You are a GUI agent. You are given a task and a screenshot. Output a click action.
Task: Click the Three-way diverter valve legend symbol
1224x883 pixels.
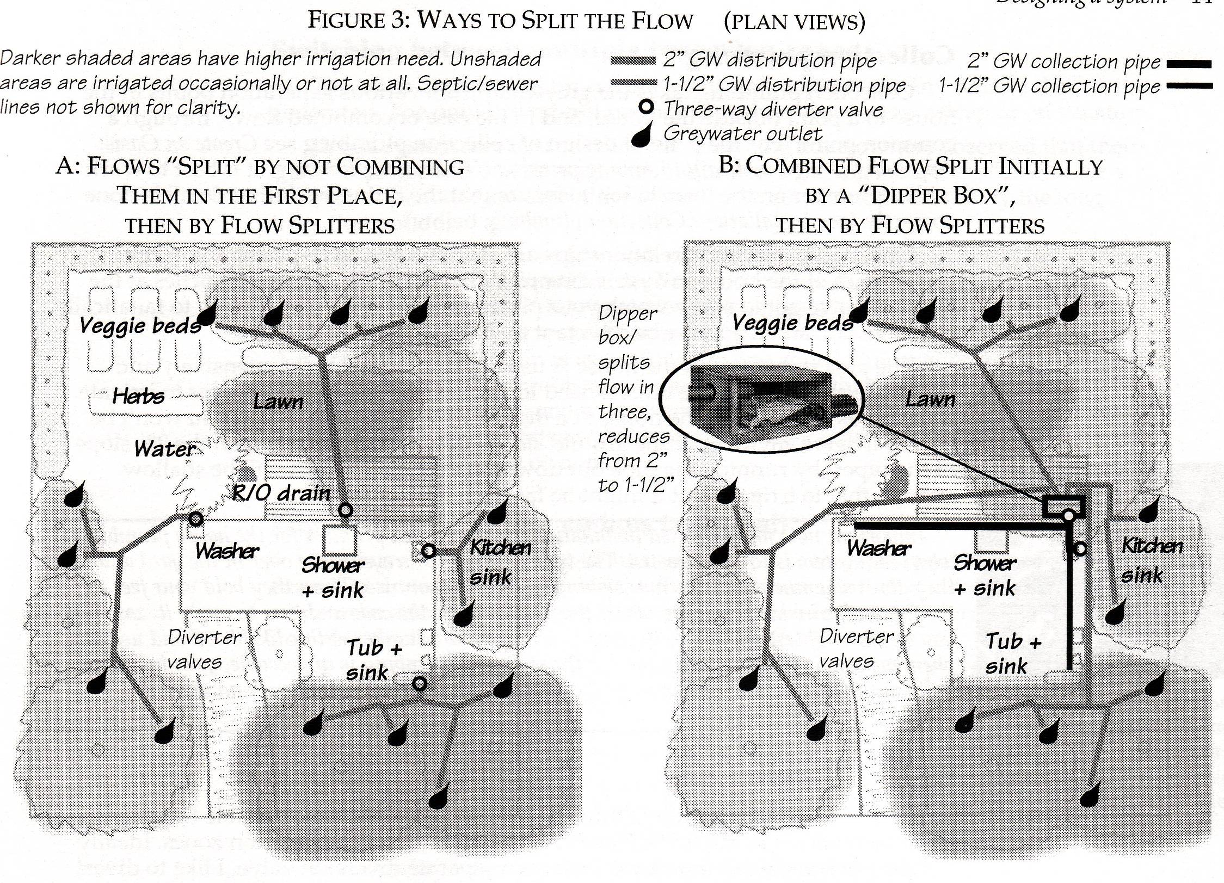point(645,107)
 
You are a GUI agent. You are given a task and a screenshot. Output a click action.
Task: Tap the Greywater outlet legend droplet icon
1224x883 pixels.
point(643,135)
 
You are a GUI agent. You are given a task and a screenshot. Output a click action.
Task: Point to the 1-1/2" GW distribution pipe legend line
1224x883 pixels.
point(633,83)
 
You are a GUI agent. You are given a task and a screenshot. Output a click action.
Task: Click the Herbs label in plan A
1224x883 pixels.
point(138,396)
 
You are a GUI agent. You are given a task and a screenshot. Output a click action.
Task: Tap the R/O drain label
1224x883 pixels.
point(281,493)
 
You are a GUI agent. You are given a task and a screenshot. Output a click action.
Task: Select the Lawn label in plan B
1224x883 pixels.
point(930,400)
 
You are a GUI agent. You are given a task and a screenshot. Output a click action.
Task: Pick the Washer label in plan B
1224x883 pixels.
point(878,548)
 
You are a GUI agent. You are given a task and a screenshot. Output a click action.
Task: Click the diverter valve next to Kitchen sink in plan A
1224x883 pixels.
point(429,551)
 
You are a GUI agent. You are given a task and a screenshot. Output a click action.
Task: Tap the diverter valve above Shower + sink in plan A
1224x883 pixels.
point(346,510)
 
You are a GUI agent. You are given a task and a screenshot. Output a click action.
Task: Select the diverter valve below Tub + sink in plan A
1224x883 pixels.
point(419,683)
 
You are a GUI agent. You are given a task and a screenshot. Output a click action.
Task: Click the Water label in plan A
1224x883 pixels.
point(165,449)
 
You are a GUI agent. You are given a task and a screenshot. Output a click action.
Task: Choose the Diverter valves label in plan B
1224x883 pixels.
point(857,648)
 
